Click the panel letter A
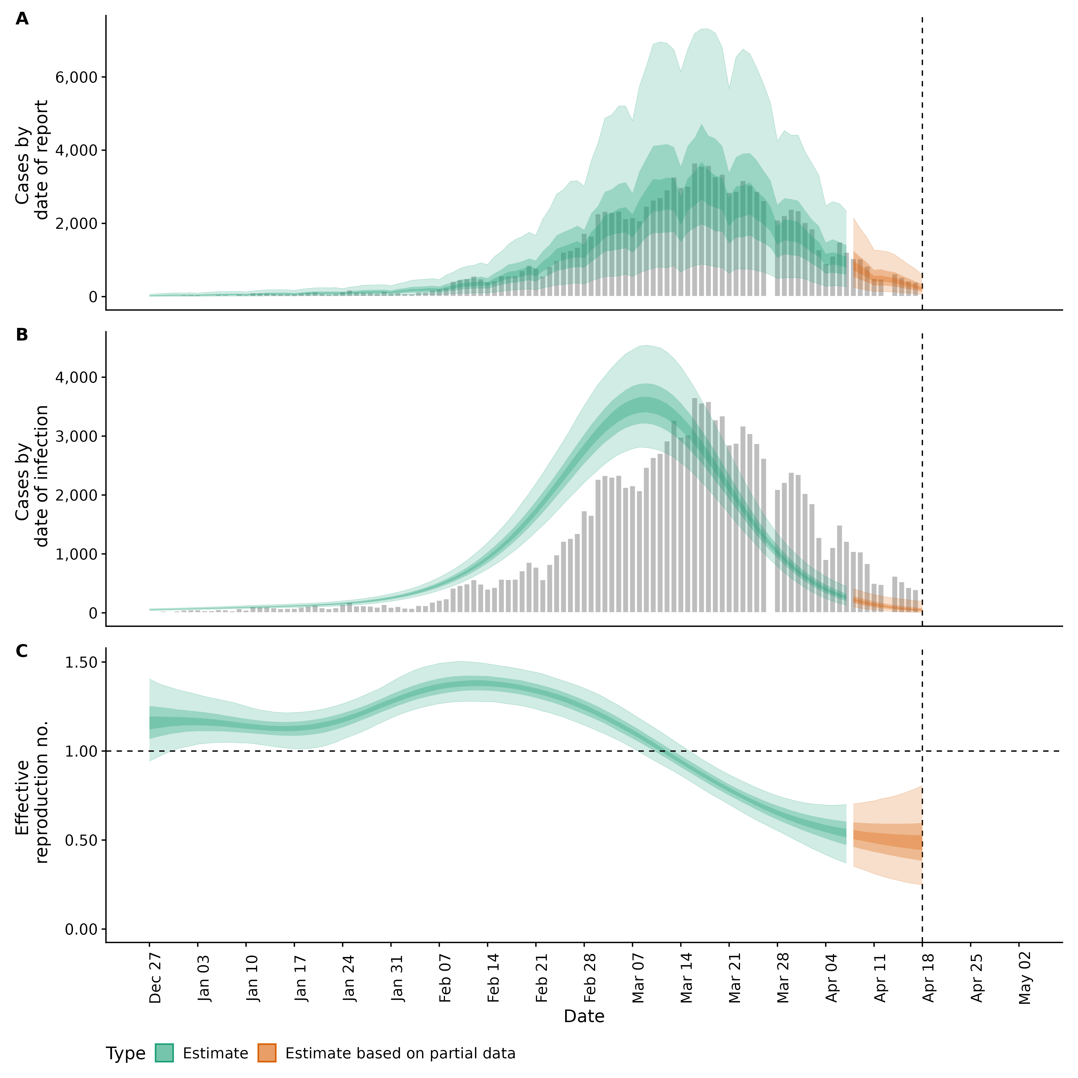22,19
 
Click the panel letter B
22,335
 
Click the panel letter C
22,651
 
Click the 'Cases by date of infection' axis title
32,476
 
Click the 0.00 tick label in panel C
81,929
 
